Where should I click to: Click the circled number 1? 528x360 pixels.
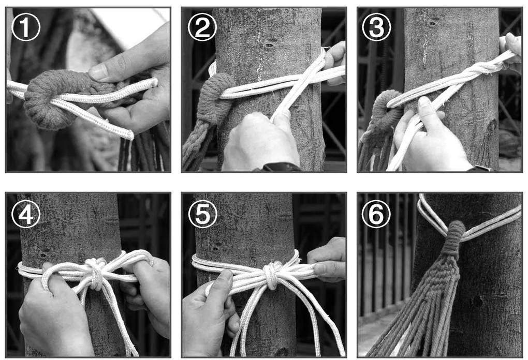tap(26, 27)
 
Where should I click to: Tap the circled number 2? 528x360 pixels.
tap(202, 27)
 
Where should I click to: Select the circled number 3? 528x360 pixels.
tap(376, 27)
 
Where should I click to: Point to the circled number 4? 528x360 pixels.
tap(26, 214)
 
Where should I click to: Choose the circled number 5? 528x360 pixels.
tap(202, 214)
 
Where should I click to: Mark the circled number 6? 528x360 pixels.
tap(376, 214)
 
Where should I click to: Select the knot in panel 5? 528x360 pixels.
tap(271, 275)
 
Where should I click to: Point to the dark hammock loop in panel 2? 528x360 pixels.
tap(215, 98)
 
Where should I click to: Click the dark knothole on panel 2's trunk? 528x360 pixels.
tap(269, 45)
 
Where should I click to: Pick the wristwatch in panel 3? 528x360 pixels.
tap(480, 168)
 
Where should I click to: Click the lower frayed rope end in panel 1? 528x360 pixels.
tap(128, 134)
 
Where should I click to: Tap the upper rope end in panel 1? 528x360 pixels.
tap(154, 82)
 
